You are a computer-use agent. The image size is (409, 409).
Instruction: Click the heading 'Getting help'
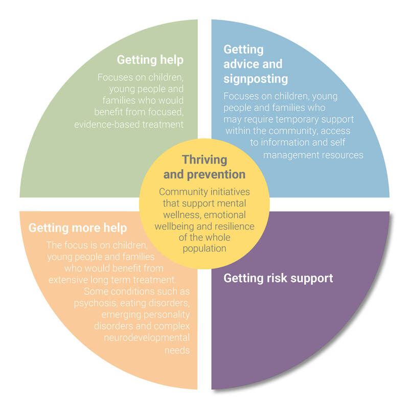[150, 60]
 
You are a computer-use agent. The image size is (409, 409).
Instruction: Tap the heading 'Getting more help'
[78, 228]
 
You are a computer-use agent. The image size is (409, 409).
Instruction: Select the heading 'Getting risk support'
[278, 279]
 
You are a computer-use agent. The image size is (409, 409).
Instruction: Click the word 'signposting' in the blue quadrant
[256, 79]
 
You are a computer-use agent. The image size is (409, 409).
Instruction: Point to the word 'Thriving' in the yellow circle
[204, 160]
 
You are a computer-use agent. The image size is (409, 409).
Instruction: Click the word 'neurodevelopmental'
[147, 337]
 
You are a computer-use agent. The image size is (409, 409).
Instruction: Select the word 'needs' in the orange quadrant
[177, 350]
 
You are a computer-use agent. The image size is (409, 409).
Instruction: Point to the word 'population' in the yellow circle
[204, 248]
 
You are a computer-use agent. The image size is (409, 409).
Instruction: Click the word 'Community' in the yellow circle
[184, 192]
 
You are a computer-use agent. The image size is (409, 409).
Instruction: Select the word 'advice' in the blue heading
[240, 64]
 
